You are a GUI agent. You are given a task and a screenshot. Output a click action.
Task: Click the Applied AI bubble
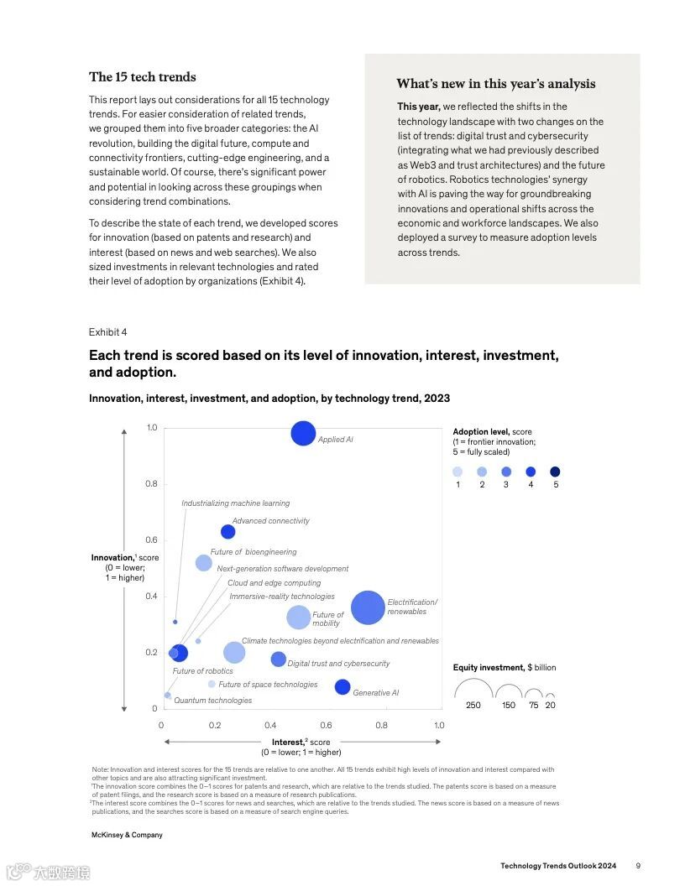(303, 433)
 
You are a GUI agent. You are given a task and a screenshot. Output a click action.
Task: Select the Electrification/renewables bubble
(368, 607)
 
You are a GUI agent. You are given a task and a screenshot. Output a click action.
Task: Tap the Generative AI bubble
(342, 687)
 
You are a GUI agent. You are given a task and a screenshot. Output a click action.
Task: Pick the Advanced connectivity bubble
(227, 532)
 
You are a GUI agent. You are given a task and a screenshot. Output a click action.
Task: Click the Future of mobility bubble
(299, 618)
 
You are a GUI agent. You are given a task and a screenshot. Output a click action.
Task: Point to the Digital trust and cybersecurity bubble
(279, 659)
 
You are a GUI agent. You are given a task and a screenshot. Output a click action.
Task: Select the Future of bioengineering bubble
(204, 563)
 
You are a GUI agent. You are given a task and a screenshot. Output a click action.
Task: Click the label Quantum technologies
(212, 701)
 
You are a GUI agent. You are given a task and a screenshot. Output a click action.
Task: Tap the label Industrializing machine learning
(235, 503)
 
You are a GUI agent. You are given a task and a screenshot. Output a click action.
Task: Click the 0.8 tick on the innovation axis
(152, 484)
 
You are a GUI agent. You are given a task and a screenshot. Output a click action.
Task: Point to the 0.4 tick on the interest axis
(271, 725)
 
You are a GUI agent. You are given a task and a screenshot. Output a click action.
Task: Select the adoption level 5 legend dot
(555, 472)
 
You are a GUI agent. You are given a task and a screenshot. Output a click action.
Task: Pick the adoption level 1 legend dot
(458, 472)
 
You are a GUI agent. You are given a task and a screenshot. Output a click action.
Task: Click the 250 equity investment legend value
(473, 706)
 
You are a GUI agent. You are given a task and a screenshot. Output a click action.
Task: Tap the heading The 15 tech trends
(143, 77)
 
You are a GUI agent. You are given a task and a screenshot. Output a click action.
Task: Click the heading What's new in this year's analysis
(496, 84)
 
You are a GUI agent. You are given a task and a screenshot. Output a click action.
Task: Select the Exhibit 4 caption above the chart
(108, 332)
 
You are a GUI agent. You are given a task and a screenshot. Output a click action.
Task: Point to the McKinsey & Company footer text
(127, 835)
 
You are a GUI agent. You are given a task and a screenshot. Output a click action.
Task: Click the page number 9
(638, 866)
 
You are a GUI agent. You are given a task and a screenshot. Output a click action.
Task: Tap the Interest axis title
(301, 742)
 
